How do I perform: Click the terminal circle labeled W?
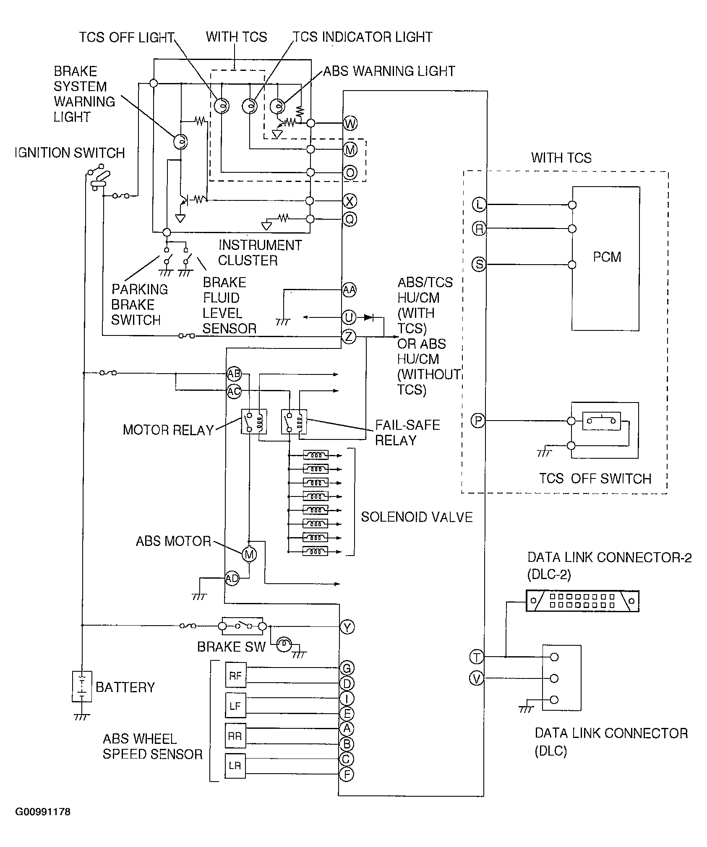(350, 123)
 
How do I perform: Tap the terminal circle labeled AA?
(349, 290)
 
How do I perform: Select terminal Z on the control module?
(349, 336)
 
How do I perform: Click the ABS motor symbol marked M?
(249, 555)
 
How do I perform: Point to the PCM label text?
(607, 257)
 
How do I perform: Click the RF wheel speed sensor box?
(236, 676)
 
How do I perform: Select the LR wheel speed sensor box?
(235, 766)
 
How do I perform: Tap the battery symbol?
(82, 686)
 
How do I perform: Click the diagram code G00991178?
(43, 823)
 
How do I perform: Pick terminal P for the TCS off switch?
(478, 420)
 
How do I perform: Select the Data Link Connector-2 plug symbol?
(582, 601)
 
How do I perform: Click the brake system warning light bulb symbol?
(181, 142)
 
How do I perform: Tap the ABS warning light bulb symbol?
(277, 107)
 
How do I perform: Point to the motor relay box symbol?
(253, 421)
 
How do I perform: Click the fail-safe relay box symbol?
(294, 421)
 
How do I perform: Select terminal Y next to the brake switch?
(347, 627)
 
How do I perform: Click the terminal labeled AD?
(232, 579)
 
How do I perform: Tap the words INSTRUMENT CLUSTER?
(260, 252)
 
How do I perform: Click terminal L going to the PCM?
(479, 205)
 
